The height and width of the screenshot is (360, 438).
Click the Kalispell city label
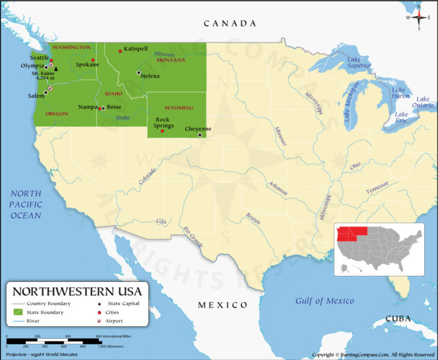click(x=135, y=49)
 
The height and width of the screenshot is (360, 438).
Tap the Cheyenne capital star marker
click(x=200, y=135)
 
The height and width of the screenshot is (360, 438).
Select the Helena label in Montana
click(x=150, y=76)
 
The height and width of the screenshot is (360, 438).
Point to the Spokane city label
click(x=87, y=64)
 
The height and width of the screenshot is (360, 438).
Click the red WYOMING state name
click(x=179, y=108)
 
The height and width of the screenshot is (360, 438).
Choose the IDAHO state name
click(x=114, y=94)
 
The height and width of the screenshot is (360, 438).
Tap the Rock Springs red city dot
click(x=162, y=130)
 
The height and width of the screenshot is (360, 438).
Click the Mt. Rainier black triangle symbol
click(x=55, y=69)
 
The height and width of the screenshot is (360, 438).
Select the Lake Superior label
click(x=359, y=63)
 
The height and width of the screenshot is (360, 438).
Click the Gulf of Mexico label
click(x=324, y=301)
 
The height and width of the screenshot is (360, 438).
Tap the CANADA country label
click(x=230, y=23)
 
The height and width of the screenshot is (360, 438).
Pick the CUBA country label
click(x=398, y=319)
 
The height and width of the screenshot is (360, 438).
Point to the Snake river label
click(x=123, y=118)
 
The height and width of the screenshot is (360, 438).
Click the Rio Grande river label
click(x=193, y=236)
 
